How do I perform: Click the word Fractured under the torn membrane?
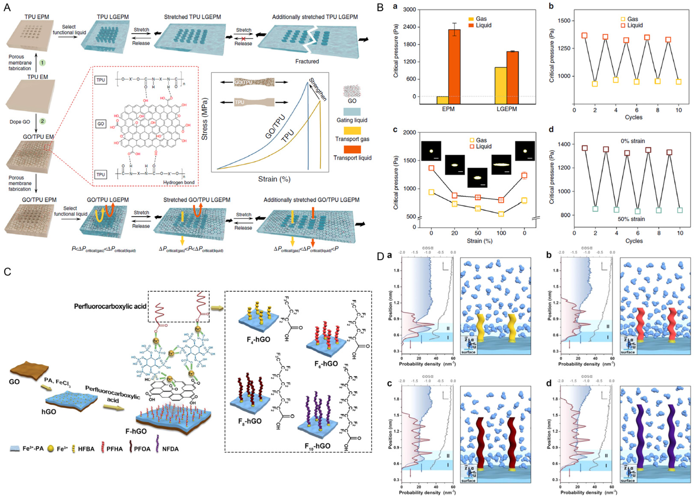(307, 61)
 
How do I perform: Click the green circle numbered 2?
(42, 121)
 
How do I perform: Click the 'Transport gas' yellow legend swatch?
(352, 131)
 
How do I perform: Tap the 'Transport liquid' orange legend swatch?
(352, 149)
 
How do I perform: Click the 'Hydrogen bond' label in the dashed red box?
(179, 183)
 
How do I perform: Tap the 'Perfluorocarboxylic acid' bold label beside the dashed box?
(110, 306)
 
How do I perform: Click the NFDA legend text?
(170, 449)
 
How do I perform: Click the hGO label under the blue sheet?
(49, 411)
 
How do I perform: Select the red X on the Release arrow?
(243, 39)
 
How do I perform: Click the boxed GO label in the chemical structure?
(101, 124)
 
